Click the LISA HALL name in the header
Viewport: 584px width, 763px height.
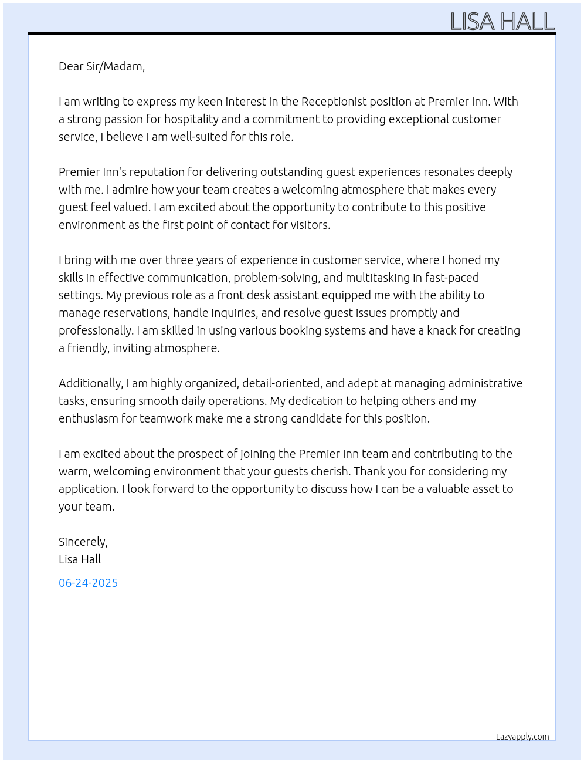click(502, 22)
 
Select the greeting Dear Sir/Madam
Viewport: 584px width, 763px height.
click(101, 66)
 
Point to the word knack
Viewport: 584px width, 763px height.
click(442, 330)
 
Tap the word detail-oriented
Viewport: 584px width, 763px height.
click(281, 383)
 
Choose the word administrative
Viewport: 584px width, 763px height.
click(485, 383)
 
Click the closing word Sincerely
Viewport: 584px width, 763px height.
click(83, 542)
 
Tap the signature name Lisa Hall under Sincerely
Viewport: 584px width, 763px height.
click(80, 559)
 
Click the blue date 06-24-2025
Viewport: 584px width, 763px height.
click(88, 583)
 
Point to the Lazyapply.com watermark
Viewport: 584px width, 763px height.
click(522, 737)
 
